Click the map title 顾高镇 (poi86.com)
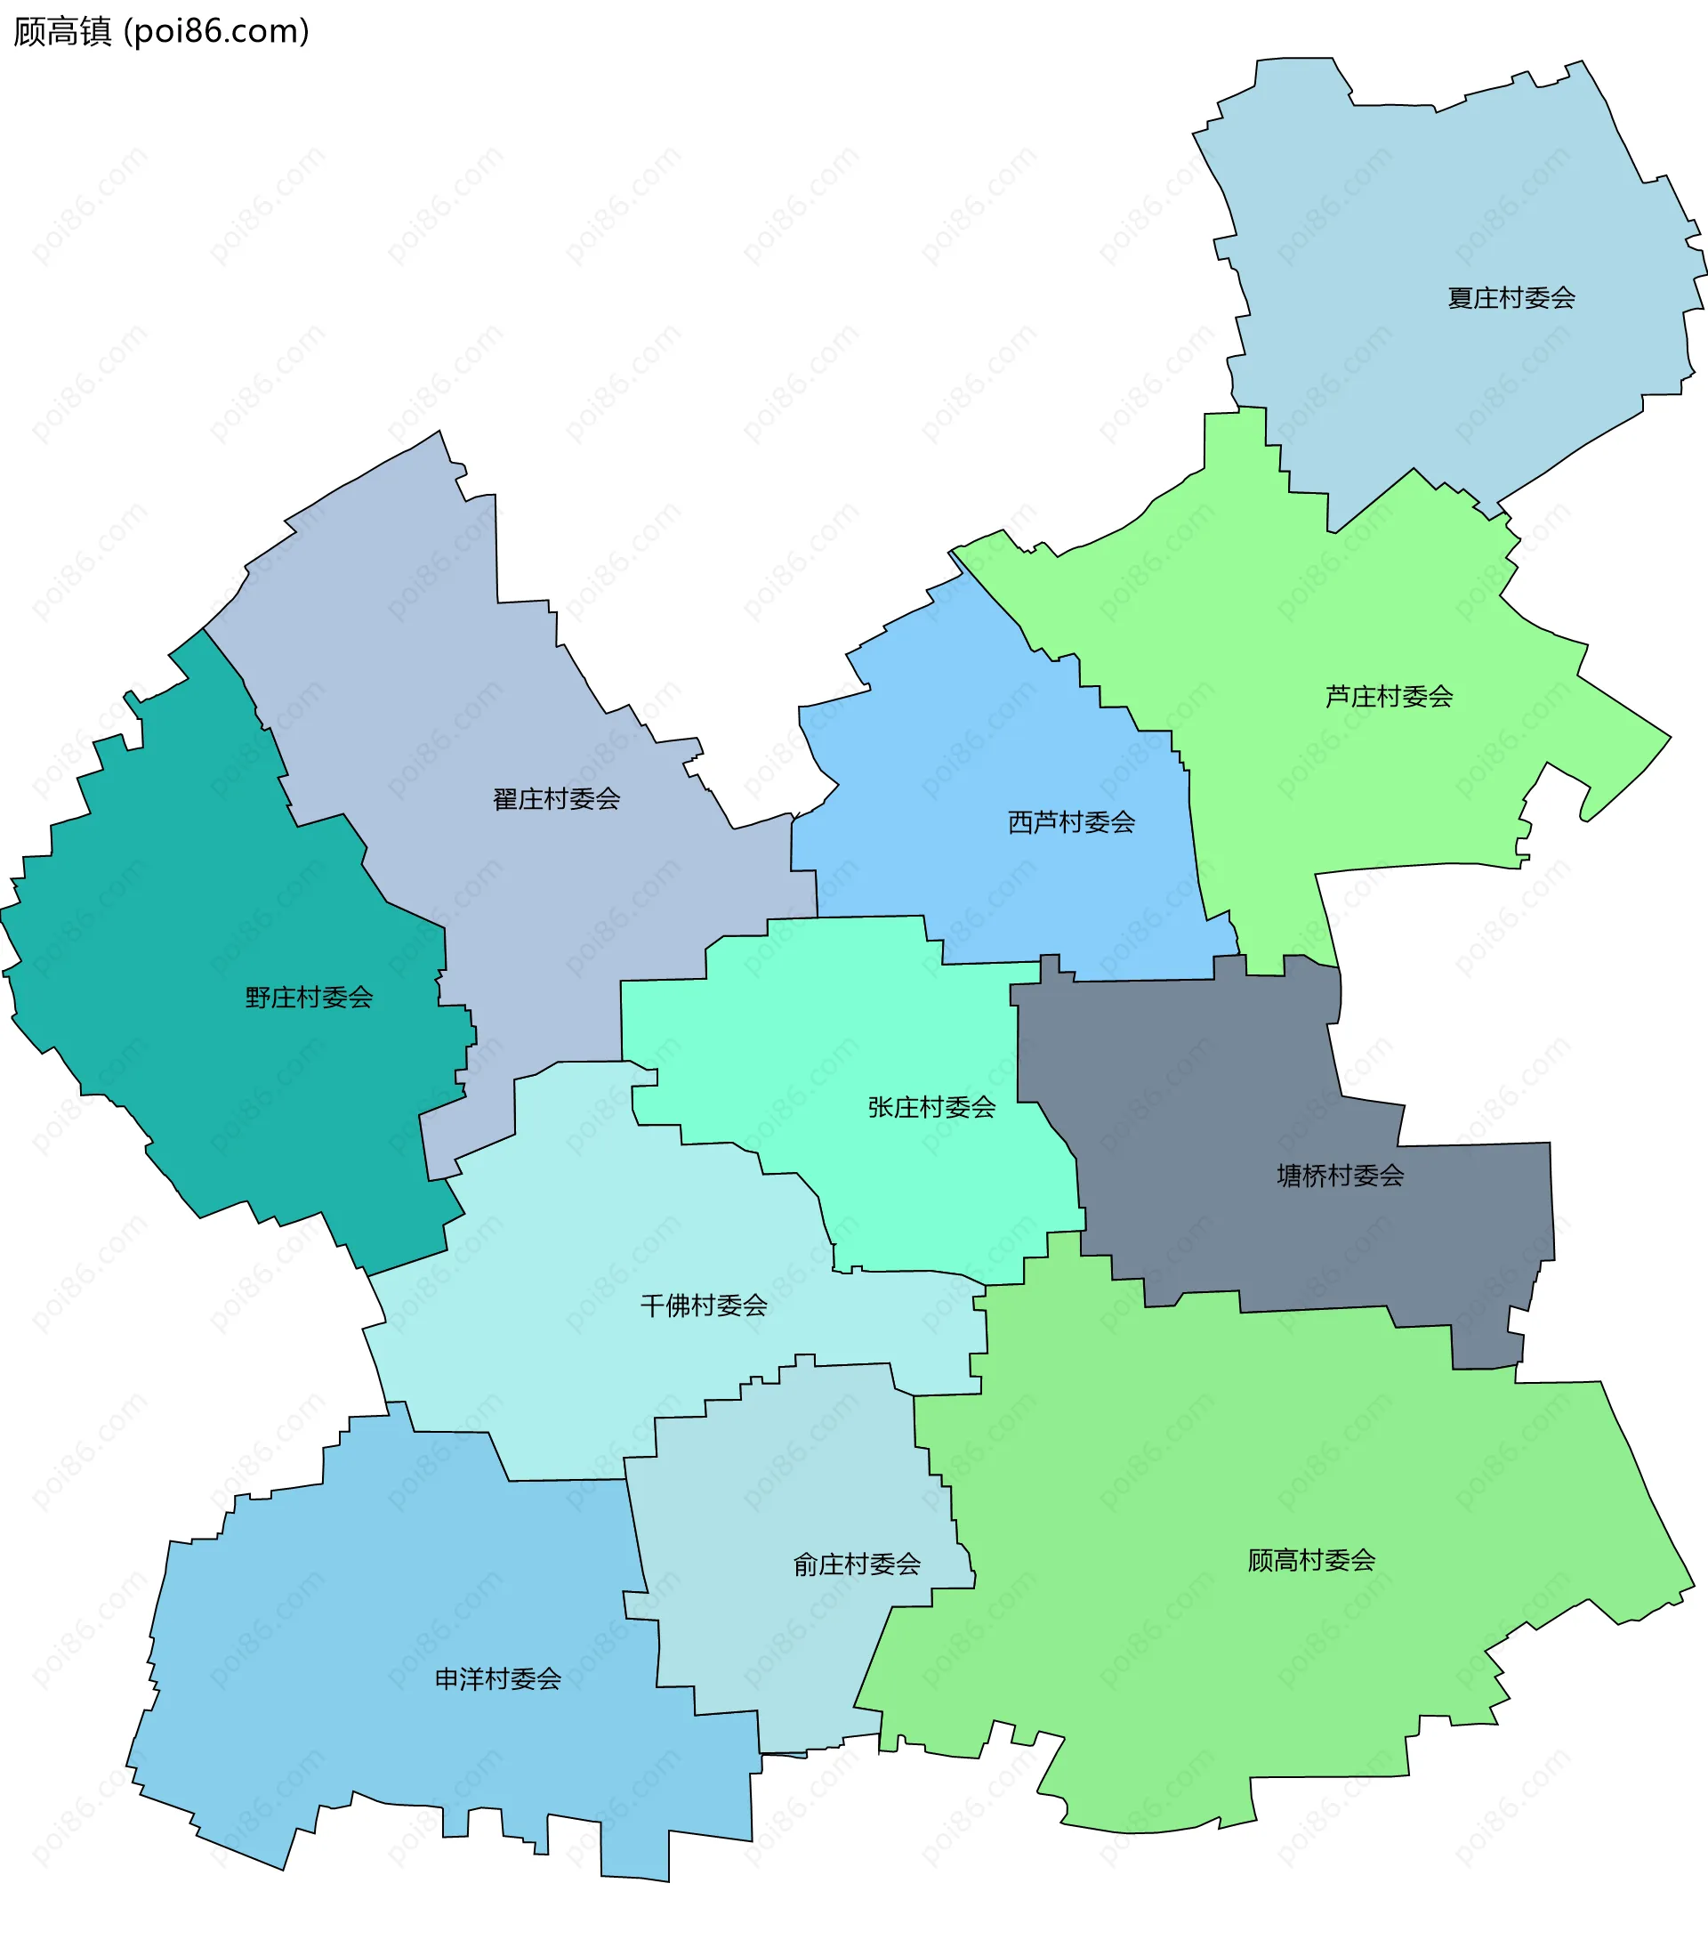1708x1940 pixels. pos(161,31)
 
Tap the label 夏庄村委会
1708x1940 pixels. pos(1511,298)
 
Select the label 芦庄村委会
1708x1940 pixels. pos(1390,697)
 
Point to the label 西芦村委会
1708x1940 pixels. pos(1071,822)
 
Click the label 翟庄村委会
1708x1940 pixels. pos(556,799)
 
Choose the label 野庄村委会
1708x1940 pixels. pos(310,998)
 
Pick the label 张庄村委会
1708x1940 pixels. pos(931,1108)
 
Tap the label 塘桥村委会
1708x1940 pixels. pos(1340,1176)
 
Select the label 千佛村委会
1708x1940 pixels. pos(704,1306)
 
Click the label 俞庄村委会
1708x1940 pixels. pos(857,1564)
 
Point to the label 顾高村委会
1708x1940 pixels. pos(1311,1560)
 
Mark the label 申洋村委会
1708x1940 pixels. pos(498,1679)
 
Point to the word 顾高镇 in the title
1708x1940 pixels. pos(62,31)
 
